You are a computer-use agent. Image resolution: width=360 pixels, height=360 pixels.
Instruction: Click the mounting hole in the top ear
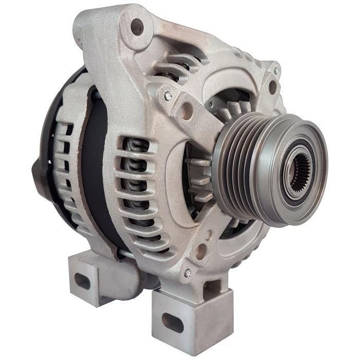coord(137,25)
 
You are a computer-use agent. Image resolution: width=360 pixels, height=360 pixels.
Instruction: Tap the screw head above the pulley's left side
coord(167,95)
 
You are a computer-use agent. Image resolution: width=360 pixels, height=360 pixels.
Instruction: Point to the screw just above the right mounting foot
coord(188,273)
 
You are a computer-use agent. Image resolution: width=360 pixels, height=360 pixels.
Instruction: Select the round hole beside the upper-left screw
coord(186,110)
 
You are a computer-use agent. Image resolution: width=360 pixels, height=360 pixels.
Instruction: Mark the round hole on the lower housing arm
coord(202,251)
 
